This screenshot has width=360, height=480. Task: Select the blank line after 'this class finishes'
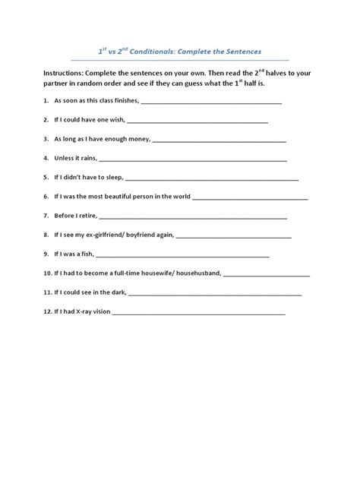212,101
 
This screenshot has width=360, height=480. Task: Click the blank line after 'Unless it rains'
193,159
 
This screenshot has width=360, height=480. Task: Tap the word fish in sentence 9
85,254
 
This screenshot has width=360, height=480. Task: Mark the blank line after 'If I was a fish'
190,254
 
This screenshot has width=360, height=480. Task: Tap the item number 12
48,311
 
